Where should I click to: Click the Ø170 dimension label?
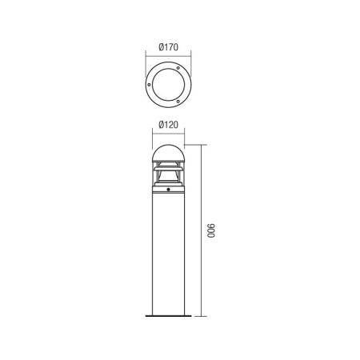coord(169,46)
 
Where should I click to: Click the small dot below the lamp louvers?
coord(169,191)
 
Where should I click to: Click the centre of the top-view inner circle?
coord(169,85)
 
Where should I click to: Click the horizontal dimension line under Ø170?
coord(169,54)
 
